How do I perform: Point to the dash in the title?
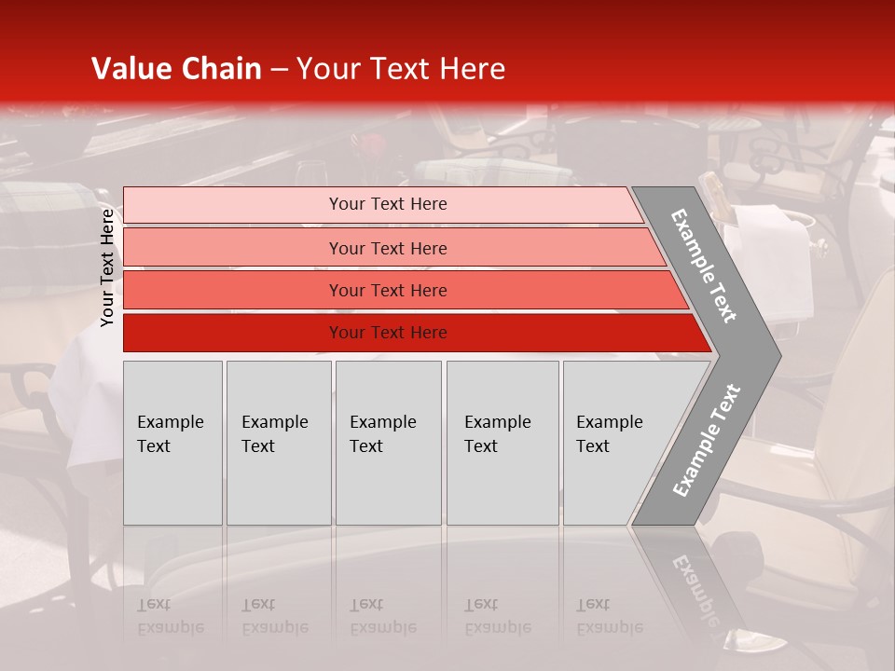pos(279,70)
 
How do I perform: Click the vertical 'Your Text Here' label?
pos(107,267)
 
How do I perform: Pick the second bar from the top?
pos(387,248)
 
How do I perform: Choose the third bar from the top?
pos(387,290)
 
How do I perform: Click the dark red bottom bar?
pos(387,333)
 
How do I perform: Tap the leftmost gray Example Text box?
pos(172,443)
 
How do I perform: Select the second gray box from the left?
pos(279,443)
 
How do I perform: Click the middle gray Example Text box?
pos(388,443)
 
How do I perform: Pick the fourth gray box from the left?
pos(503,443)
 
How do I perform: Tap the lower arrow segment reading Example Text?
pos(706,440)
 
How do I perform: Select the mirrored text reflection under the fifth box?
pos(610,616)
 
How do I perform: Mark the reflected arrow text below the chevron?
pos(695,587)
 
